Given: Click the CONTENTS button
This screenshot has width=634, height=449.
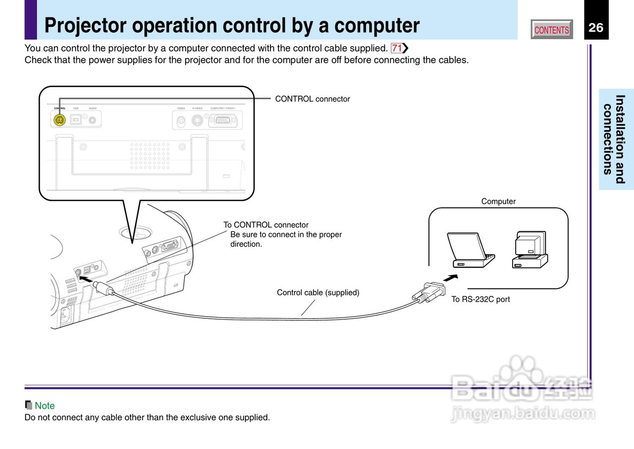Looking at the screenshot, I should tap(552, 30).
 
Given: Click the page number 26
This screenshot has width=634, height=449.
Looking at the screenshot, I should tap(596, 28).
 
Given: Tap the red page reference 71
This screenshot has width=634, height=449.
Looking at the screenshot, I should tap(397, 48).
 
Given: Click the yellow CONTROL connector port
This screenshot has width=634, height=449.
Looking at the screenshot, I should tap(59, 120).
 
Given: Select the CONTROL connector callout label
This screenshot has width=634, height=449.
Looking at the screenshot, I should tap(312, 99).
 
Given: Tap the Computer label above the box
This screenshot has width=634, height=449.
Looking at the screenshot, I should tap(498, 202).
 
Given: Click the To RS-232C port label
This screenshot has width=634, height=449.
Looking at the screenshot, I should tap(480, 299).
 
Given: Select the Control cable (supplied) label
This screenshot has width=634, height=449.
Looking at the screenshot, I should tap(318, 293).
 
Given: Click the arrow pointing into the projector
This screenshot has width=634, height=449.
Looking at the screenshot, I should tap(86, 280).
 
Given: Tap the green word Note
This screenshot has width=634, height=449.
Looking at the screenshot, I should tap(45, 406).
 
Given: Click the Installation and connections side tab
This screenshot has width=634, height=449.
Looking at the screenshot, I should tap(616, 139).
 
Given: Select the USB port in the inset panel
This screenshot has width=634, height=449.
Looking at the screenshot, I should tap(76, 120).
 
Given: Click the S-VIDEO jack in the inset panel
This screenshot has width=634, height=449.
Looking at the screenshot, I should tap(197, 120).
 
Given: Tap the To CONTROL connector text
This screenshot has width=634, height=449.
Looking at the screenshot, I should tap(266, 225).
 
